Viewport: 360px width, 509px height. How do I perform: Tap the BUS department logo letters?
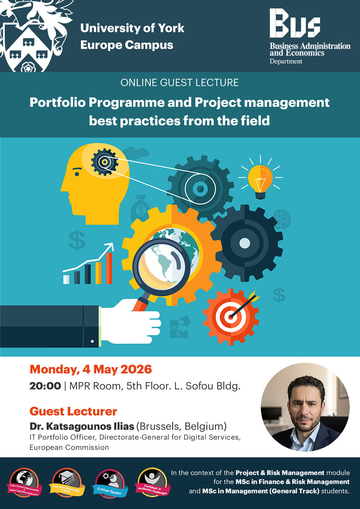[x=295, y=25]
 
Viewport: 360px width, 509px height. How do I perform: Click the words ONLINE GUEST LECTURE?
[x=180, y=83]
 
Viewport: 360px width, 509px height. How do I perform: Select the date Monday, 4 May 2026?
[x=90, y=370]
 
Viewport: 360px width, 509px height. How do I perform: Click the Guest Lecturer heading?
[x=73, y=411]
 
